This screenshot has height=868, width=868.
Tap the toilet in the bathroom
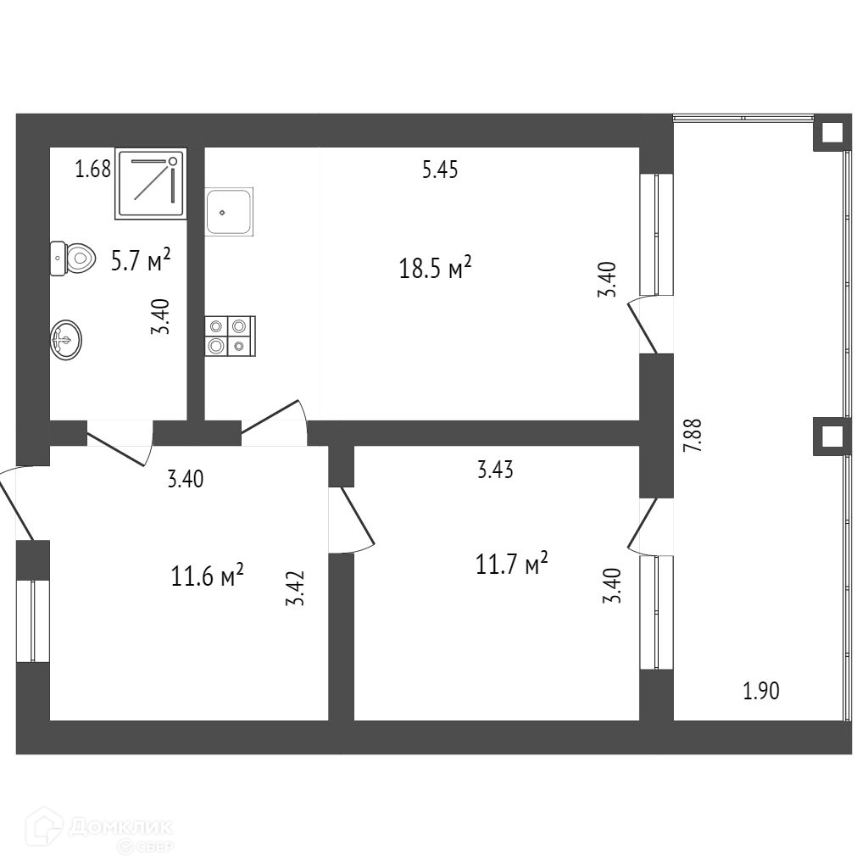(x=72, y=258)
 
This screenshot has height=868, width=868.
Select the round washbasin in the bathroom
(x=66, y=340)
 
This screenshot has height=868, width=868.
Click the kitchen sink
(x=229, y=213)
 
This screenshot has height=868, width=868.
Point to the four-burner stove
(x=230, y=335)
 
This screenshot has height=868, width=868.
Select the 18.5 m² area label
(x=435, y=270)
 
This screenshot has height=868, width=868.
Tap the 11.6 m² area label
(x=208, y=577)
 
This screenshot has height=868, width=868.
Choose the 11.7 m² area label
(x=512, y=564)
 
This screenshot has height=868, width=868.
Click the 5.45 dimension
(x=440, y=170)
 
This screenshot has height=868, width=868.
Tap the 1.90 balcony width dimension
(x=760, y=692)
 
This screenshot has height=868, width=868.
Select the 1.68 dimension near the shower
(x=93, y=170)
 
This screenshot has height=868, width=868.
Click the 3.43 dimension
(x=495, y=470)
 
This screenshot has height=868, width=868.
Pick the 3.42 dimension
(x=295, y=588)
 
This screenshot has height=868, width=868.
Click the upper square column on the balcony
(x=832, y=133)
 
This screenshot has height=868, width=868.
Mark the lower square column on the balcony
(x=832, y=437)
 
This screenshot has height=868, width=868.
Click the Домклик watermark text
(x=119, y=826)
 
